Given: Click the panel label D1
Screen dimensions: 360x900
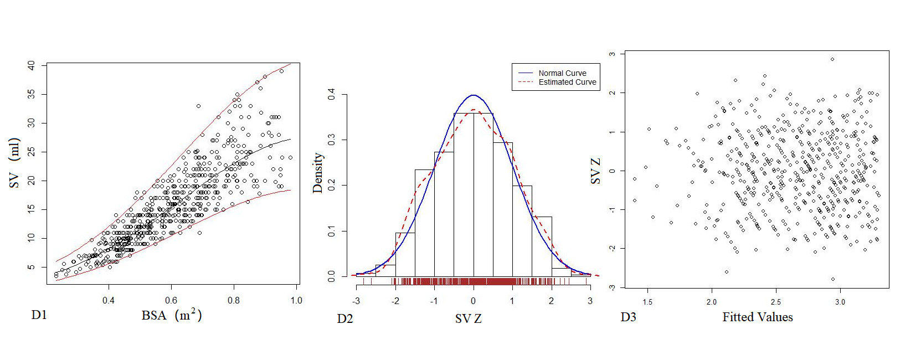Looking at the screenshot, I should click(x=39, y=315).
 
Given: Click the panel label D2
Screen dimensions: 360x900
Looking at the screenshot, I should click(x=344, y=318).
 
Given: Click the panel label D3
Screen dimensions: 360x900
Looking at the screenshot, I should click(x=628, y=317).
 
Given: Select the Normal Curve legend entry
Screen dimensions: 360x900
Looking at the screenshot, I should click(x=562, y=73).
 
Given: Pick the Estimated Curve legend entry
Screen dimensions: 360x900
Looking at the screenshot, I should click(x=567, y=82).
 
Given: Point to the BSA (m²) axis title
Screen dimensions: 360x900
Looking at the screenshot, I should click(x=171, y=315).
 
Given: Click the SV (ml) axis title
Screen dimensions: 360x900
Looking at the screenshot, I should click(x=14, y=163).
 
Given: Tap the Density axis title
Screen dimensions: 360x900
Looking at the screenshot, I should click(x=317, y=173).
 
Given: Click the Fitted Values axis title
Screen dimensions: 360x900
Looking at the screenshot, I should click(x=757, y=317).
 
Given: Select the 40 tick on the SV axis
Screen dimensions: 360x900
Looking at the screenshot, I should click(x=31, y=65).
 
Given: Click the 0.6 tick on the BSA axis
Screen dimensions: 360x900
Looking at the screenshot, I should click(x=171, y=300).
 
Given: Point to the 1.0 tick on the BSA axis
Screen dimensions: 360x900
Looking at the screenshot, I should click(x=296, y=300).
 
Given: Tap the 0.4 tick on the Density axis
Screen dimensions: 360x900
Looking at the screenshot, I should click(x=331, y=95).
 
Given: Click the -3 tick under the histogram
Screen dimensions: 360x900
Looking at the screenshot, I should click(x=356, y=301).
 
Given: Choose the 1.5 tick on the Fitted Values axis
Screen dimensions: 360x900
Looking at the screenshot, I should click(x=647, y=302).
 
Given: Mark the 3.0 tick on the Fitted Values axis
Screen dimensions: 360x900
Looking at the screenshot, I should click(x=840, y=302).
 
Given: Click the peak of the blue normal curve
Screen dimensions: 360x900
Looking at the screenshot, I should click(x=473, y=95).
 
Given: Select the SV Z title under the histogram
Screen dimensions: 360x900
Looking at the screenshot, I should click(x=468, y=318).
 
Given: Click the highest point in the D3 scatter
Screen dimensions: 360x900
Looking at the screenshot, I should click(x=832, y=59).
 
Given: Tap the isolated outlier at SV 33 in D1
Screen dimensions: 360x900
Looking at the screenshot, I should click(x=198, y=106).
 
